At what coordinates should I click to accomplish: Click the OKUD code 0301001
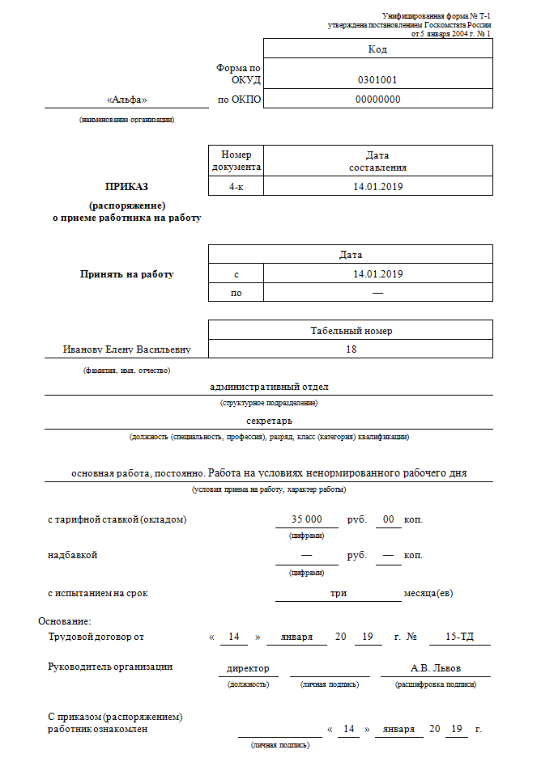tap(377, 80)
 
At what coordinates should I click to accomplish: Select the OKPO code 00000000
tap(377, 100)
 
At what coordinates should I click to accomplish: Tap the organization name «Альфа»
tap(126, 100)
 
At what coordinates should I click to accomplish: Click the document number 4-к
tap(236, 187)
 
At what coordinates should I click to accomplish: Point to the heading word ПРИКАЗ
tap(126, 186)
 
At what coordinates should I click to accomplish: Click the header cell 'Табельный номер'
tap(351, 330)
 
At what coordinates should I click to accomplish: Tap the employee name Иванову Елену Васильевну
tap(126, 349)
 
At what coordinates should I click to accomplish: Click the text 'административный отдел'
tap(269, 387)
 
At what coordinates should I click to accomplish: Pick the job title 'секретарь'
tap(269, 421)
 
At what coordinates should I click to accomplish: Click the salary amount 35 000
tap(307, 519)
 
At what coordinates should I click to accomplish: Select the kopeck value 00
tap(389, 519)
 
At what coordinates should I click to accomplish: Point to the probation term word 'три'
tap(339, 593)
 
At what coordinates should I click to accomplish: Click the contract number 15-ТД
tap(460, 637)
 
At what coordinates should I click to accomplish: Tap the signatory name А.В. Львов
tap(436, 669)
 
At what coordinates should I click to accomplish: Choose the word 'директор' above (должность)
tap(248, 669)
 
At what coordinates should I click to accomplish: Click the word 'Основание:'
tap(65, 621)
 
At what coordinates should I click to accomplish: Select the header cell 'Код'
tap(377, 49)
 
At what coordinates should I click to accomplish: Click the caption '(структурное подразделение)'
tap(269, 402)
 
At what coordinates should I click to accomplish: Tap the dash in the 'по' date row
tap(377, 293)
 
